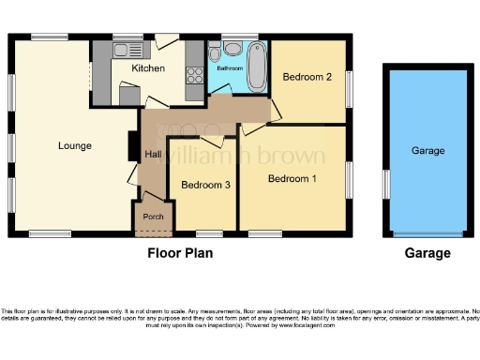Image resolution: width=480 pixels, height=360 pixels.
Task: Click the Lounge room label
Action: tap(74, 145)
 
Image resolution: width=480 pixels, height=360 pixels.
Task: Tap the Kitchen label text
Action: tap(148, 68)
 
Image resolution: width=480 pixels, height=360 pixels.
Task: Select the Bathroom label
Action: tap(230, 69)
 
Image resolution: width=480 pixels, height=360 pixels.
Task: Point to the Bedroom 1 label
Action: tap(292, 178)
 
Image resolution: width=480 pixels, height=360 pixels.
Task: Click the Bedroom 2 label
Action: tap(307, 78)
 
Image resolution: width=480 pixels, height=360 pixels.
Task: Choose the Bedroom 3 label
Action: tap(206, 186)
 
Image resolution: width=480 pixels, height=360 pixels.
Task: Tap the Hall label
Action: tap(153, 155)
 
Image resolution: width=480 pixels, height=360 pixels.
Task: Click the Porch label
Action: tap(152, 217)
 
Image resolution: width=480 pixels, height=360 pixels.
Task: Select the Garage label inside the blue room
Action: tap(427, 151)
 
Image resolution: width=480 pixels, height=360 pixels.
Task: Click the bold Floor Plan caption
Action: tap(180, 253)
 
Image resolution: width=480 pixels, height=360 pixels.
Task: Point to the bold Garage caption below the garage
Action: tap(427, 253)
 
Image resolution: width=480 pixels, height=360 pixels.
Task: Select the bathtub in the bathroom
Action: tap(257, 68)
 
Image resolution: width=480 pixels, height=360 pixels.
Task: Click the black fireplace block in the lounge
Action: tap(132, 146)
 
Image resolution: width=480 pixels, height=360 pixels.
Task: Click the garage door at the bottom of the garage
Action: tap(427, 232)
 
